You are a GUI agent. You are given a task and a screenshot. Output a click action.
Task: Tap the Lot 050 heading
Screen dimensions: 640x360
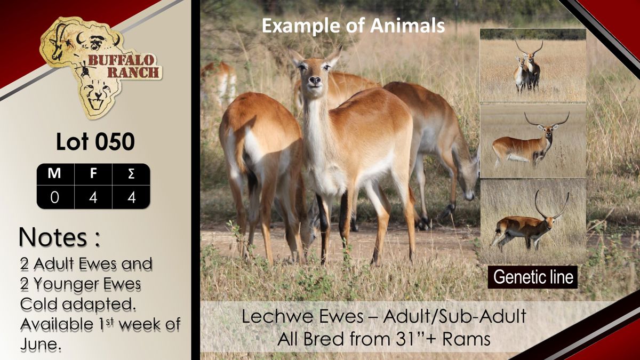pos(95,141)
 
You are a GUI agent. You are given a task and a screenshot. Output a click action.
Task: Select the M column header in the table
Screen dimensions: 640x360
pos(54,173)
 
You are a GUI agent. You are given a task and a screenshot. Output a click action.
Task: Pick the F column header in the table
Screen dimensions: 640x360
pos(93,173)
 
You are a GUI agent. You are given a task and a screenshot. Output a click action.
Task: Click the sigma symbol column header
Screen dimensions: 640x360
pos(131,173)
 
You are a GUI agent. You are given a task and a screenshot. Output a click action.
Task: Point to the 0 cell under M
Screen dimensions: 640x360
pos(54,197)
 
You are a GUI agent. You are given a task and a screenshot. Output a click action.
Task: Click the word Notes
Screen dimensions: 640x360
pos(53,237)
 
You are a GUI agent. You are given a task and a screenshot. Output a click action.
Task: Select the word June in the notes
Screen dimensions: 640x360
pos(41,344)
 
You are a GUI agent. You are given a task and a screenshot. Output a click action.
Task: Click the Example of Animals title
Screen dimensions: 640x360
pos(354,26)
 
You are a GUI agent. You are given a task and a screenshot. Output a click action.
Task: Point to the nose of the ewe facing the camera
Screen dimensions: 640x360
pos(315,81)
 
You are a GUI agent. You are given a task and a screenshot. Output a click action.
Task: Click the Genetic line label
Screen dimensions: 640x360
pos(533,277)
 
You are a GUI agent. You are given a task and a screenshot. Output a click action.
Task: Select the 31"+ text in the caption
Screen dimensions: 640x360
pos(418,339)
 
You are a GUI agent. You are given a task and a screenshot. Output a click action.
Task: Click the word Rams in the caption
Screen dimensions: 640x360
pos(467,339)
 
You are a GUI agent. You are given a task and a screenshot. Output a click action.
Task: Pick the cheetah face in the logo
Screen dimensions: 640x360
pos(97,95)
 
